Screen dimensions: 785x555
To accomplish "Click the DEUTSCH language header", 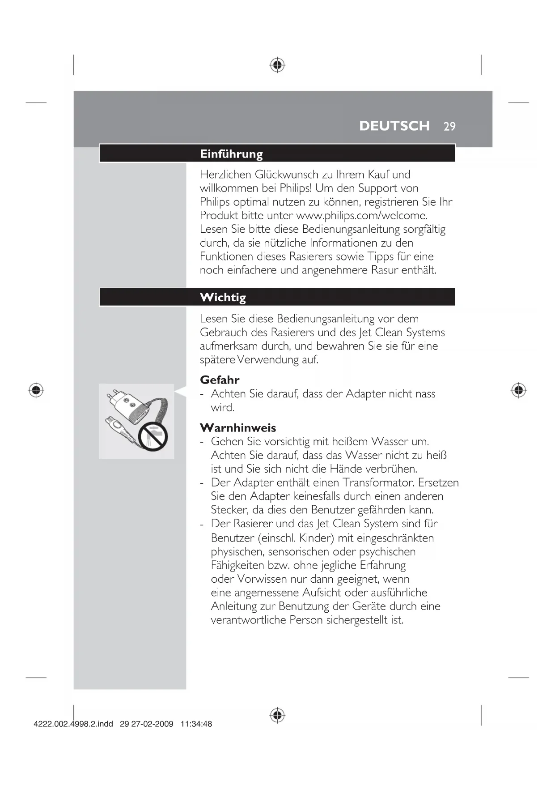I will (x=394, y=126).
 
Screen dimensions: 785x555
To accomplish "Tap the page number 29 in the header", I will (x=449, y=127).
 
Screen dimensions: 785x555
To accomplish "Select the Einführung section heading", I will (x=231, y=154).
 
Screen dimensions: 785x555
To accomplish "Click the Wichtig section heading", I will (x=223, y=297).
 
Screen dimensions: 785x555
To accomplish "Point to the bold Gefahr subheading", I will (x=220, y=380).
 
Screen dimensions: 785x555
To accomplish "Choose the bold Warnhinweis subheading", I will (x=238, y=428).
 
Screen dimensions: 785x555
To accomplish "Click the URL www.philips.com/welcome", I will (x=362, y=215).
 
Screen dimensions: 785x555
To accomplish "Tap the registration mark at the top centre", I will (x=277, y=65).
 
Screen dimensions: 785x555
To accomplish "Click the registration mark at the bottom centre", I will (x=277, y=715).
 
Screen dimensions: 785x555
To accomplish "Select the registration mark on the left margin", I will (x=36, y=390).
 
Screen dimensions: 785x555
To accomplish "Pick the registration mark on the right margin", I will (x=518, y=390).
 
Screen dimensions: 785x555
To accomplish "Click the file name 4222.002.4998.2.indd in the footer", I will (x=73, y=724).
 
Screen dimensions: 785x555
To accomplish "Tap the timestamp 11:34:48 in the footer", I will (x=196, y=724).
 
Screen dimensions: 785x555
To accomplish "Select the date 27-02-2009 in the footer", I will (x=152, y=724).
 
